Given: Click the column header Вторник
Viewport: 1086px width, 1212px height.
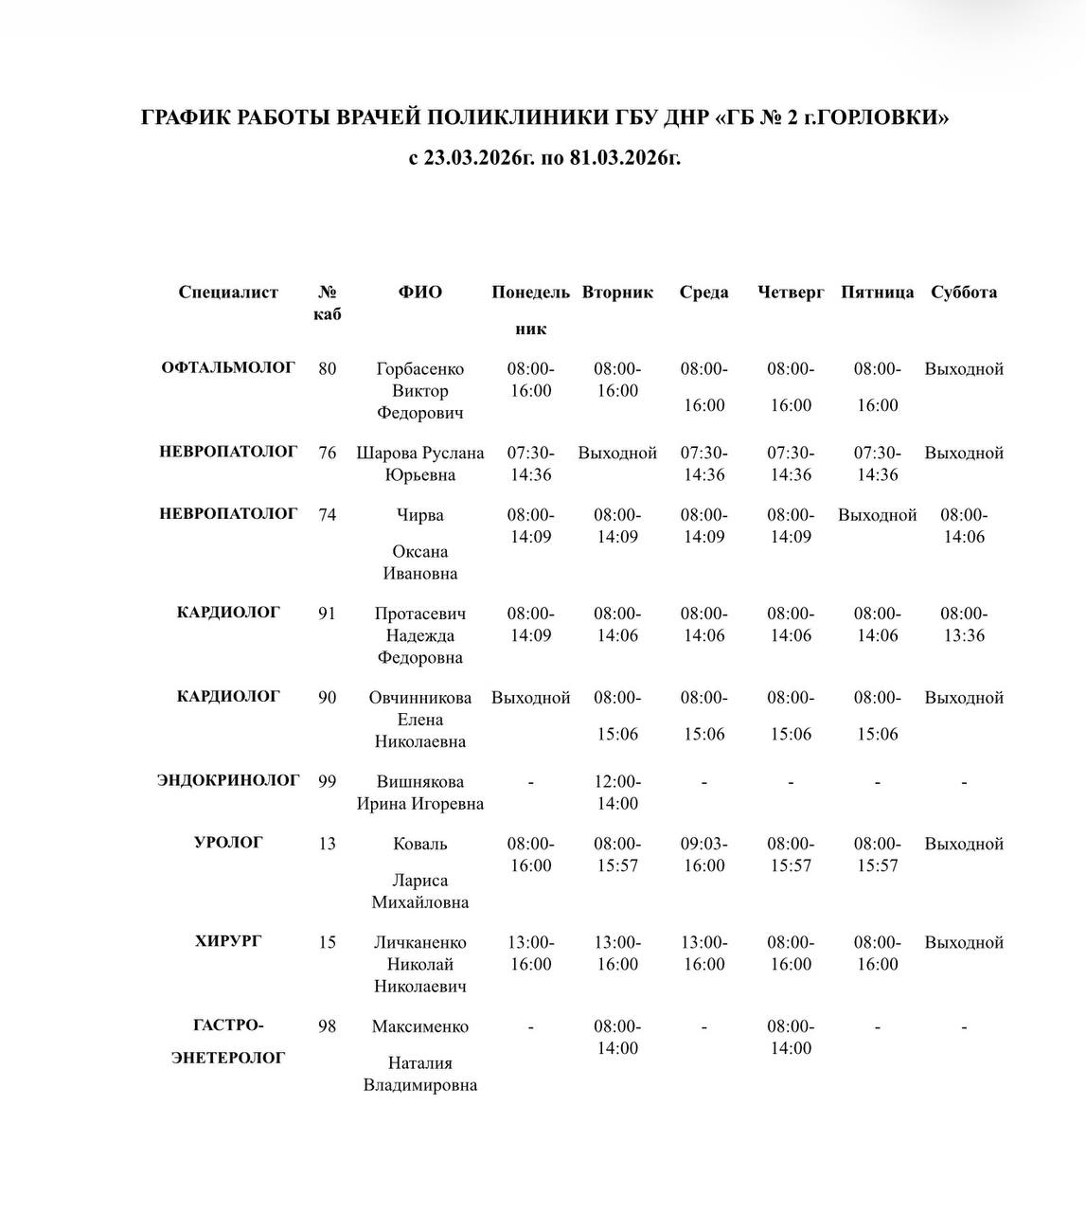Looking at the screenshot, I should [617, 293].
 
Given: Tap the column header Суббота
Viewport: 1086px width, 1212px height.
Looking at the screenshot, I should [964, 293].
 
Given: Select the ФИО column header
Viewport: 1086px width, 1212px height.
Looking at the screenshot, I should [419, 293].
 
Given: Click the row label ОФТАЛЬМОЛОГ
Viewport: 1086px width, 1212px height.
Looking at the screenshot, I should [228, 367].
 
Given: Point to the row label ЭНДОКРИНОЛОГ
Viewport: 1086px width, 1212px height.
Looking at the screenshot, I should [228, 780].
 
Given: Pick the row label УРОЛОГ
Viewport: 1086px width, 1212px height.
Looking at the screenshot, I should [228, 842].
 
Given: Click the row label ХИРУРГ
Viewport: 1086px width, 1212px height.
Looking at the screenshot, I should [228, 941].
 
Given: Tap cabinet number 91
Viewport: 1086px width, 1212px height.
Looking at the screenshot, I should [327, 614].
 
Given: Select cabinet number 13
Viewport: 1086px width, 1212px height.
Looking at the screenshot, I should [327, 844].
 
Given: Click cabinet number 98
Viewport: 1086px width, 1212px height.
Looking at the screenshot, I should [327, 1026].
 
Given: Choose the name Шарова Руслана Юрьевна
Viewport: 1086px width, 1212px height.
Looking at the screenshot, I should [419, 464].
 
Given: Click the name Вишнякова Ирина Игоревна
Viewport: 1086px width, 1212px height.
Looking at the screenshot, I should [419, 793].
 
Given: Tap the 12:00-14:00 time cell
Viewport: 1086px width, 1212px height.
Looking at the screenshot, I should [617, 793].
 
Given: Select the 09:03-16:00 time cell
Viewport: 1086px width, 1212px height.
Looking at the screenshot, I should [703, 854].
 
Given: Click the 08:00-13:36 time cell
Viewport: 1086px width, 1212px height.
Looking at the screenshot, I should [964, 624].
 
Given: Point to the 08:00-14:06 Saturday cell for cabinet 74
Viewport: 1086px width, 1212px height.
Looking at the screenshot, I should [964, 526].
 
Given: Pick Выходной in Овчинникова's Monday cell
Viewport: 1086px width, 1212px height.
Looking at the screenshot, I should [530, 698].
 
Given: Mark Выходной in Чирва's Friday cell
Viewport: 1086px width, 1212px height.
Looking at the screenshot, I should [877, 515].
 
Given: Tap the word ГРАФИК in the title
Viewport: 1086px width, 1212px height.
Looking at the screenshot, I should [184, 117].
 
